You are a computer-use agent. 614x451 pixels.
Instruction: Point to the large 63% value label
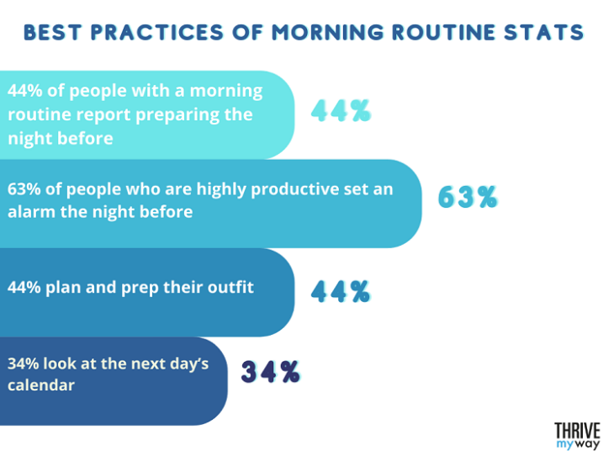pos(468,197)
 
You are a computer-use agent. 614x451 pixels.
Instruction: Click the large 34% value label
pos(271,372)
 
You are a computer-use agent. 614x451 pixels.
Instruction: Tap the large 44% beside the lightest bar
pos(341,111)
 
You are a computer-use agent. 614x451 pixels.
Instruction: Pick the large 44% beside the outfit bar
pos(341,292)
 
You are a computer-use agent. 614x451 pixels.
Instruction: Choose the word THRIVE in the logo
pos(577,427)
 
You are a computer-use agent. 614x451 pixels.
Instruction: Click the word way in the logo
pos(589,443)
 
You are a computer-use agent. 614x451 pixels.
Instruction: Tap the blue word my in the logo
pos(564,443)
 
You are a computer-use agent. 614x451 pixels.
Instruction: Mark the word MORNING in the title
pos(334,33)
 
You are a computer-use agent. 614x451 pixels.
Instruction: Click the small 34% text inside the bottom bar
pos(24,364)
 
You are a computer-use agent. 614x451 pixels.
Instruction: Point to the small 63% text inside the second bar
pos(24,188)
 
